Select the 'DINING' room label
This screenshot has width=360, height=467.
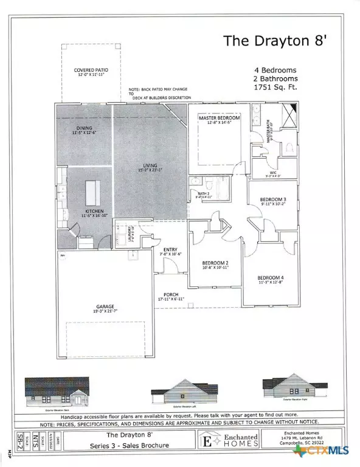pyautogui.click(x=83, y=128)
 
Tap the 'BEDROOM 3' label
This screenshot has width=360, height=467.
pyautogui.click(x=272, y=199)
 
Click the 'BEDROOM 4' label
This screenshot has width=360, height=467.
pyautogui.click(x=271, y=278)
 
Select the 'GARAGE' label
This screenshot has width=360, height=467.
pyautogui.click(x=105, y=306)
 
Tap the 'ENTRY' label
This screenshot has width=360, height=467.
pyautogui.click(x=170, y=250)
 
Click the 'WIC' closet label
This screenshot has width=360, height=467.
pyautogui.click(x=272, y=173)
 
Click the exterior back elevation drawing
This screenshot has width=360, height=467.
pyautogui.click(x=56, y=392)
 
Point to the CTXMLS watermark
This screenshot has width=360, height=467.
pyautogui.click(x=330, y=452)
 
